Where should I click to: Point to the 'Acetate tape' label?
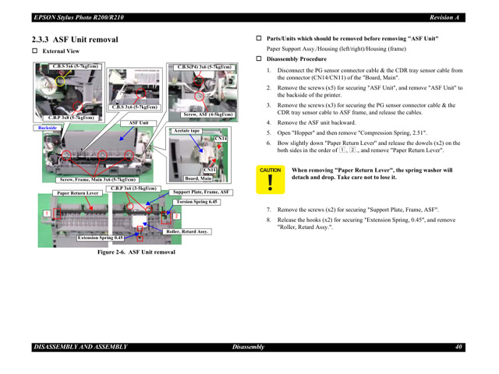click(x=187, y=131)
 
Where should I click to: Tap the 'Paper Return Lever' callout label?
click(x=77, y=192)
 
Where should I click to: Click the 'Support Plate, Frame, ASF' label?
click(x=200, y=192)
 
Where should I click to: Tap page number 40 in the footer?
click(x=459, y=347)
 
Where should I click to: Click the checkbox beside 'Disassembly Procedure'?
click(x=260, y=59)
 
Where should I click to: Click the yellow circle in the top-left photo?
click(x=59, y=80)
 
